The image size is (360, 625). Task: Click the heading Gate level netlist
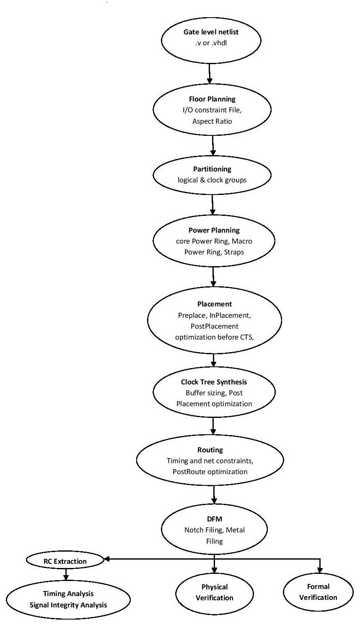tap(211, 32)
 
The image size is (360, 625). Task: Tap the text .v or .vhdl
tap(211, 43)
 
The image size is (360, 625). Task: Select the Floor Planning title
tap(212, 99)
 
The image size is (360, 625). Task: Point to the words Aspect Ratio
tap(212, 121)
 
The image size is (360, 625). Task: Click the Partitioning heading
tap(212, 169)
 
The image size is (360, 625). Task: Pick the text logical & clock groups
tap(212, 180)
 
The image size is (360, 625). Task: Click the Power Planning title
tap(214, 230)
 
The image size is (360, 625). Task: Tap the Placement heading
tap(215, 304)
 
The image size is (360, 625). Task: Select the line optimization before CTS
tap(215, 337)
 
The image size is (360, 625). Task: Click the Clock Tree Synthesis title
tap(214, 382)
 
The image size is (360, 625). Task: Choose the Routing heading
tap(210, 450)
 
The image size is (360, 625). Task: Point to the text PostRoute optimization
tap(210, 472)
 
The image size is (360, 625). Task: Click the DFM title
tap(214, 519)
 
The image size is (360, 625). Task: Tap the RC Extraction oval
tap(65, 561)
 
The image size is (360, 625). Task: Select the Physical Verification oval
tap(215, 592)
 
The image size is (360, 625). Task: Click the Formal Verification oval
tap(318, 592)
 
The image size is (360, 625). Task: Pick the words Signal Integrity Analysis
tap(68, 605)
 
